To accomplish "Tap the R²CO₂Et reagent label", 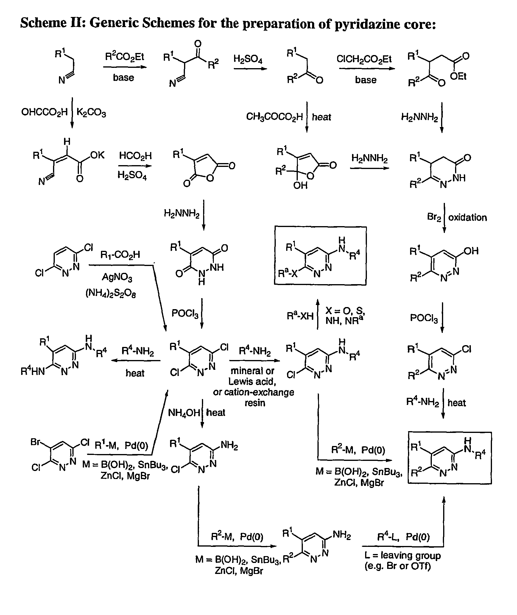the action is pyautogui.click(x=125, y=57).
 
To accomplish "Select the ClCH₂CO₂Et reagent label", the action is pyautogui.click(x=364, y=59).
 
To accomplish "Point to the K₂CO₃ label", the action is pyautogui.click(x=91, y=113).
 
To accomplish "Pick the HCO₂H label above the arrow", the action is pyautogui.click(x=136, y=156).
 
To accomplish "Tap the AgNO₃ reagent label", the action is pyautogui.click(x=117, y=278).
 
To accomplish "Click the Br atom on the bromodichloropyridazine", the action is pyautogui.click(x=35, y=442).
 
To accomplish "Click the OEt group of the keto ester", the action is pyautogui.click(x=458, y=76).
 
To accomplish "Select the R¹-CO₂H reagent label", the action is pyautogui.click(x=120, y=255).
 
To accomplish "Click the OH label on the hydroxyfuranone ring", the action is pyautogui.click(x=300, y=185).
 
